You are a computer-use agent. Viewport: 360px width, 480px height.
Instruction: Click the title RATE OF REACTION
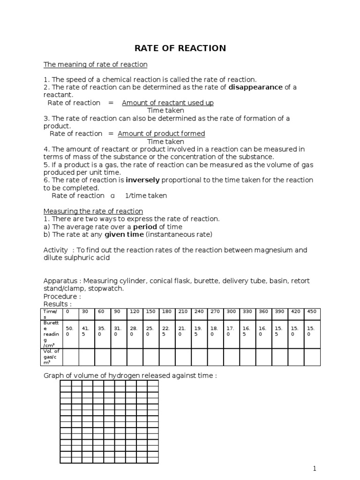coord(180,48)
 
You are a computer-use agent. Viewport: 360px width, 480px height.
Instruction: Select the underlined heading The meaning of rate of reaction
coord(95,64)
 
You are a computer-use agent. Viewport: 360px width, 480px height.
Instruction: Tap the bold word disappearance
coord(255,87)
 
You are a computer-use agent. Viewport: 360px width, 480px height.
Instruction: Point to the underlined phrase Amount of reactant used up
coord(168,103)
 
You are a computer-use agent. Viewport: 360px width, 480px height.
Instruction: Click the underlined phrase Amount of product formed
coord(161,134)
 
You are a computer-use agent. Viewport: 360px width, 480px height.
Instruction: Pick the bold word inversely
coord(142,180)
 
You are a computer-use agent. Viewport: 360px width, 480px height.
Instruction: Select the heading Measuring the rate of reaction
coord(93,211)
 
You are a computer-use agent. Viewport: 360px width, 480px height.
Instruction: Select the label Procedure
coord(62,296)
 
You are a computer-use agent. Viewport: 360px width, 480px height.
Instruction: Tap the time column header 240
coord(199,311)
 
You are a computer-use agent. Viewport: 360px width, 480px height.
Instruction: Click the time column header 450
coord(311,311)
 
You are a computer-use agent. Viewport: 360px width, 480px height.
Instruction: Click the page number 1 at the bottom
coord(315,468)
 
